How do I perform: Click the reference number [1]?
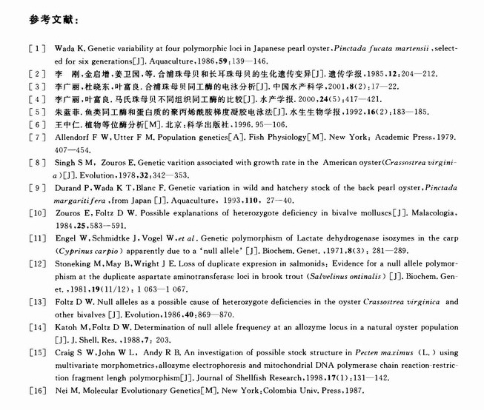click(x=34, y=48)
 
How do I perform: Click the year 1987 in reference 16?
click(x=352, y=390)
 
